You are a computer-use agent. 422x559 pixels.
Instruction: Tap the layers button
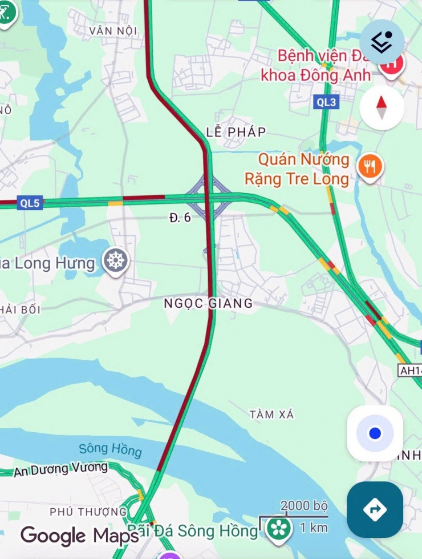[x=382, y=42]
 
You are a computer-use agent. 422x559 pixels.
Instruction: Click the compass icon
[x=382, y=107]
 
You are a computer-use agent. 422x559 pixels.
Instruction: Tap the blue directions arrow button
[x=375, y=509]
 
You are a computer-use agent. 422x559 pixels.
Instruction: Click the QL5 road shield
[x=30, y=203]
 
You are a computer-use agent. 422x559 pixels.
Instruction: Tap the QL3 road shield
[x=327, y=102]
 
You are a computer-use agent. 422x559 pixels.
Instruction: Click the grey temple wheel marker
[x=116, y=261]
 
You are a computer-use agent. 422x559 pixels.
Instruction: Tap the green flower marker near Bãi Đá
[x=279, y=529]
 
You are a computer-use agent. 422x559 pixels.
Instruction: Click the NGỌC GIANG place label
[x=208, y=303]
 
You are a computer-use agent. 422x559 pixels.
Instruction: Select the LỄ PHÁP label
[x=236, y=132]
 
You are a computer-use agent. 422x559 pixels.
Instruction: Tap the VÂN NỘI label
[x=113, y=30]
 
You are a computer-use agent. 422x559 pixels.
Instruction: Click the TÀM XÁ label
[x=272, y=414]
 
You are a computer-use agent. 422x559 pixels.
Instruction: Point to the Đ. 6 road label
[x=180, y=218]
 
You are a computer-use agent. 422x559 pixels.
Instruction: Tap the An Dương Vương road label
[x=61, y=469]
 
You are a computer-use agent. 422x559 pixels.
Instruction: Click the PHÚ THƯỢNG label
[x=88, y=511]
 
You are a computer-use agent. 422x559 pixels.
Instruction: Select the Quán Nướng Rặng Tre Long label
[x=297, y=169]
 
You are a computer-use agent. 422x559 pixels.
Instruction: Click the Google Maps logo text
[x=80, y=536]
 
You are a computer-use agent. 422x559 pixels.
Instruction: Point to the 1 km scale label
[x=314, y=527]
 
